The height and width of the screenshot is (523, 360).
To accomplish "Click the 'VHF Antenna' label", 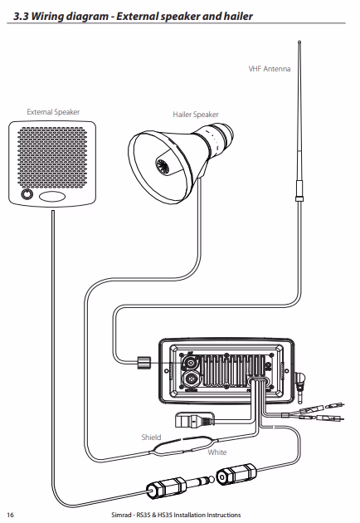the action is tap(270, 69).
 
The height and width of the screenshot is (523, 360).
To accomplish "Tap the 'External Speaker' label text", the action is tap(53, 112).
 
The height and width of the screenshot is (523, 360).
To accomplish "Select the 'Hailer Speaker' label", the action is tap(196, 115).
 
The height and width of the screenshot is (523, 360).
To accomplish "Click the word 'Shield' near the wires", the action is tap(151, 437).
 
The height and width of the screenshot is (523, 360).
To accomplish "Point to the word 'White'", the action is tap(217, 452).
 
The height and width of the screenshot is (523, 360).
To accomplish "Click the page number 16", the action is tap(11, 515).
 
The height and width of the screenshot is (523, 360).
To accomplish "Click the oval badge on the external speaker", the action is tap(52, 197).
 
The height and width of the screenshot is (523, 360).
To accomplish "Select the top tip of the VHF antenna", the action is tap(299, 42).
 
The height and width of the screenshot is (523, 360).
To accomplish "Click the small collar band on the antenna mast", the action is tap(299, 198).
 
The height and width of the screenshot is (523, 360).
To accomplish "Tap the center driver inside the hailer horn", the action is tap(163, 166).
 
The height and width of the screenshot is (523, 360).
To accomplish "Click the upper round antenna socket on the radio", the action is tap(190, 362).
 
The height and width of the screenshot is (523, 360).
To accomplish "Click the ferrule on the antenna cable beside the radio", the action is tap(144, 362).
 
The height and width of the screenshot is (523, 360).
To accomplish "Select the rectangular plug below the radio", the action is tap(194, 419).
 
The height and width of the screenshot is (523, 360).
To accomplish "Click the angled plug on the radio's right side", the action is tap(300, 382).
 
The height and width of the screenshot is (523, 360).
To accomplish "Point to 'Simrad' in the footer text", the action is tap(121, 515).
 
